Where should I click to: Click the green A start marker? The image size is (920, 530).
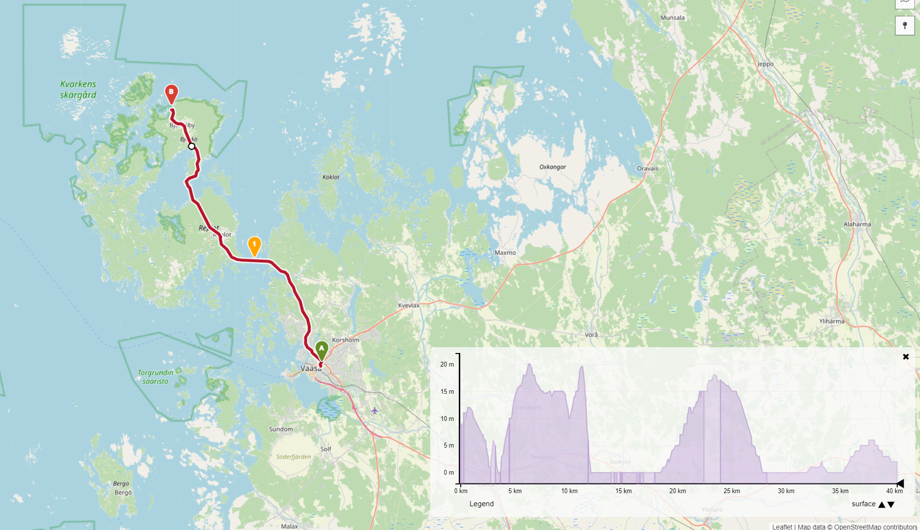[x=322, y=349]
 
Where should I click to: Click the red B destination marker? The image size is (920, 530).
[x=171, y=93]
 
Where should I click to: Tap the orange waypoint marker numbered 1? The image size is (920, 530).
[x=254, y=245]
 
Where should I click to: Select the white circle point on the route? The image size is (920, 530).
[x=192, y=146]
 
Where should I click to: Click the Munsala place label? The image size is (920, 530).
[x=673, y=18]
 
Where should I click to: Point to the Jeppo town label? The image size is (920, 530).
[x=765, y=64]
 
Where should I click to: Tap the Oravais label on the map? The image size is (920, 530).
[x=647, y=169]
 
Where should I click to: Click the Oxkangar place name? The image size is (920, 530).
[x=552, y=167]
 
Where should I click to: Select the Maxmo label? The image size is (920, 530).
[x=505, y=253]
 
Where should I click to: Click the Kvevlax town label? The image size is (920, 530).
[x=408, y=305]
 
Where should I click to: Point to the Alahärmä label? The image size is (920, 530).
[x=857, y=225]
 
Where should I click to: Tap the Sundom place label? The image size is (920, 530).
[x=281, y=429]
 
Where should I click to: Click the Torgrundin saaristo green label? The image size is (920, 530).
[x=155, y=377]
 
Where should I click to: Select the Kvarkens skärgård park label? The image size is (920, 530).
[x=78, y=89]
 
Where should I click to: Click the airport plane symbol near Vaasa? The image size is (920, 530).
[x=374, y=411]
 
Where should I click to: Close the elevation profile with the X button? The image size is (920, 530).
[x=905, y=357]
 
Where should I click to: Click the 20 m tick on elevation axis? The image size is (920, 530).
[x=447, y=364]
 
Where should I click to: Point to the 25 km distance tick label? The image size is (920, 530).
[x=731, y=491]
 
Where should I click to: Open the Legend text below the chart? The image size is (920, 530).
[x=481, y=504]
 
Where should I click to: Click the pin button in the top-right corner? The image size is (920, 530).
[x=904, y=26]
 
